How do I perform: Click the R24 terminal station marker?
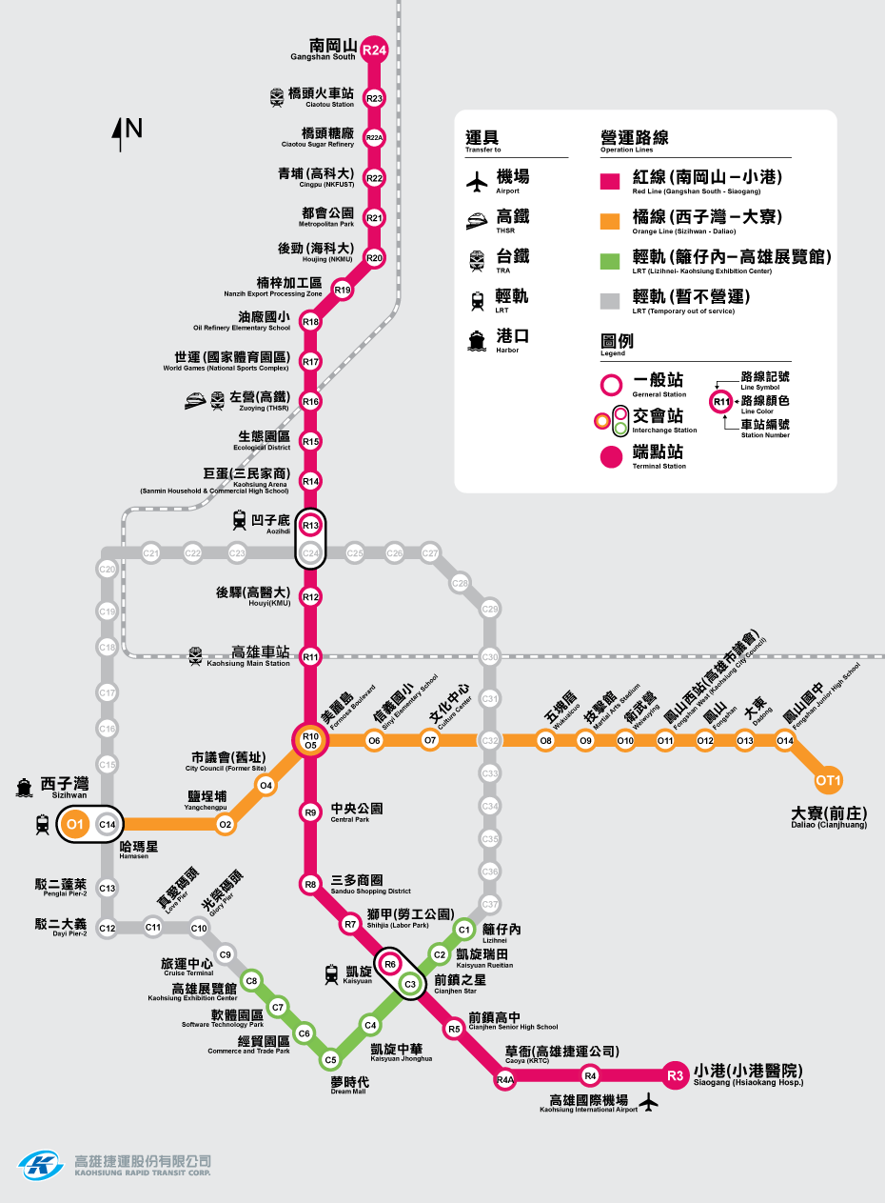pyautogui.click(x=374, y=50)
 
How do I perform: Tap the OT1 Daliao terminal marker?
pyautogui.click(x=829, y=781)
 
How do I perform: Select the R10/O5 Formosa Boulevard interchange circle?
pyautogui.click(x=310, y=740)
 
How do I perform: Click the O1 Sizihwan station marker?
pyautogui.click(x=75, y=824)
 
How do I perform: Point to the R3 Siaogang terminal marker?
pyautogui.click(x=675, y=1075)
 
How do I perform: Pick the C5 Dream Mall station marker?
pyautogui.click(x=330, y=1059)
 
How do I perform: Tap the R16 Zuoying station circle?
pyautogui.click(x=310, y=402)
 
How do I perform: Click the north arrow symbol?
pyautogui.click(x=121, y=133)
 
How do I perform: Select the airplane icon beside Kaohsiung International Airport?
pyautogui.click(x=650, y=1103)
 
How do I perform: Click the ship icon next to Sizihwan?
pyautogui.click(x=23, y=787)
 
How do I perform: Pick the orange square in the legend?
pyautogui.click(x=610, y=219)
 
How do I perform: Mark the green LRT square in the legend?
pyautogui.click(x=610, y=259)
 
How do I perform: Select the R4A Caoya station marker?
pyautogui.click(x=505, y=1079)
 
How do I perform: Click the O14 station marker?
pyautogui.click(x=784, y=740)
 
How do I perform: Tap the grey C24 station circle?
pyautogui.click(x=310, y=552)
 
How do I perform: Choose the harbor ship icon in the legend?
pyautogui.click(x=477, y=340)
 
